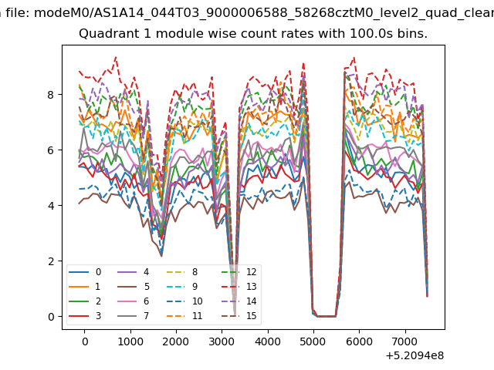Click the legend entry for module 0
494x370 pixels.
pos(85,272)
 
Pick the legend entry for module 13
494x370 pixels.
pos(239,287)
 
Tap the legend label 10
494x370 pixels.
pos(198,301)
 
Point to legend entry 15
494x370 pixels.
pos(239,315)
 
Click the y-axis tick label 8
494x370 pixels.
pos(51,95)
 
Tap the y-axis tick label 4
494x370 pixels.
pos(51,206)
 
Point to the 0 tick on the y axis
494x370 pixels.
pos(51,317)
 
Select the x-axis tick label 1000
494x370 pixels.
pos(130,341)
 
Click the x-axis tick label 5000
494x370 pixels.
pos(313,341)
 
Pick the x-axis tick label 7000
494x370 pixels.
pos(405,341)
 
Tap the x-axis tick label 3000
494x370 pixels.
pos(222,341)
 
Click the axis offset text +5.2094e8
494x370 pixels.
pos(414,355)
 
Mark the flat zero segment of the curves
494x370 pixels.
pos(327,316)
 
